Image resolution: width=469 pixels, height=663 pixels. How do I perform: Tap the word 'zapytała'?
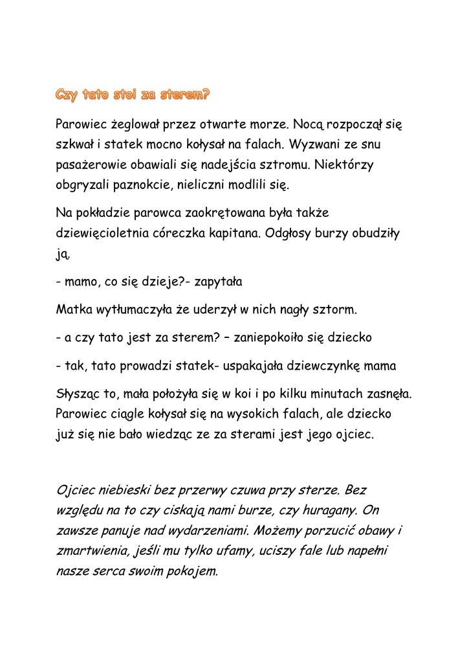pos(213,282)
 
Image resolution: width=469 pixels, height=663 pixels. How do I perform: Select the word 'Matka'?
pos(72,310)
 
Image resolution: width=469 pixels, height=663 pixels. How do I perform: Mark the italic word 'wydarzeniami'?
pos(210,532)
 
